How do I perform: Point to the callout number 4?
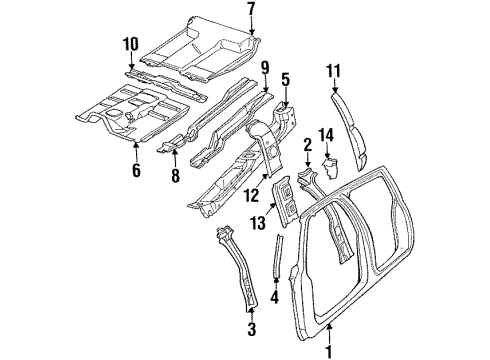coord(277,296)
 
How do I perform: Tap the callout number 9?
coord(265,68)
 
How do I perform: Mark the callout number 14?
coord(324,135)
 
